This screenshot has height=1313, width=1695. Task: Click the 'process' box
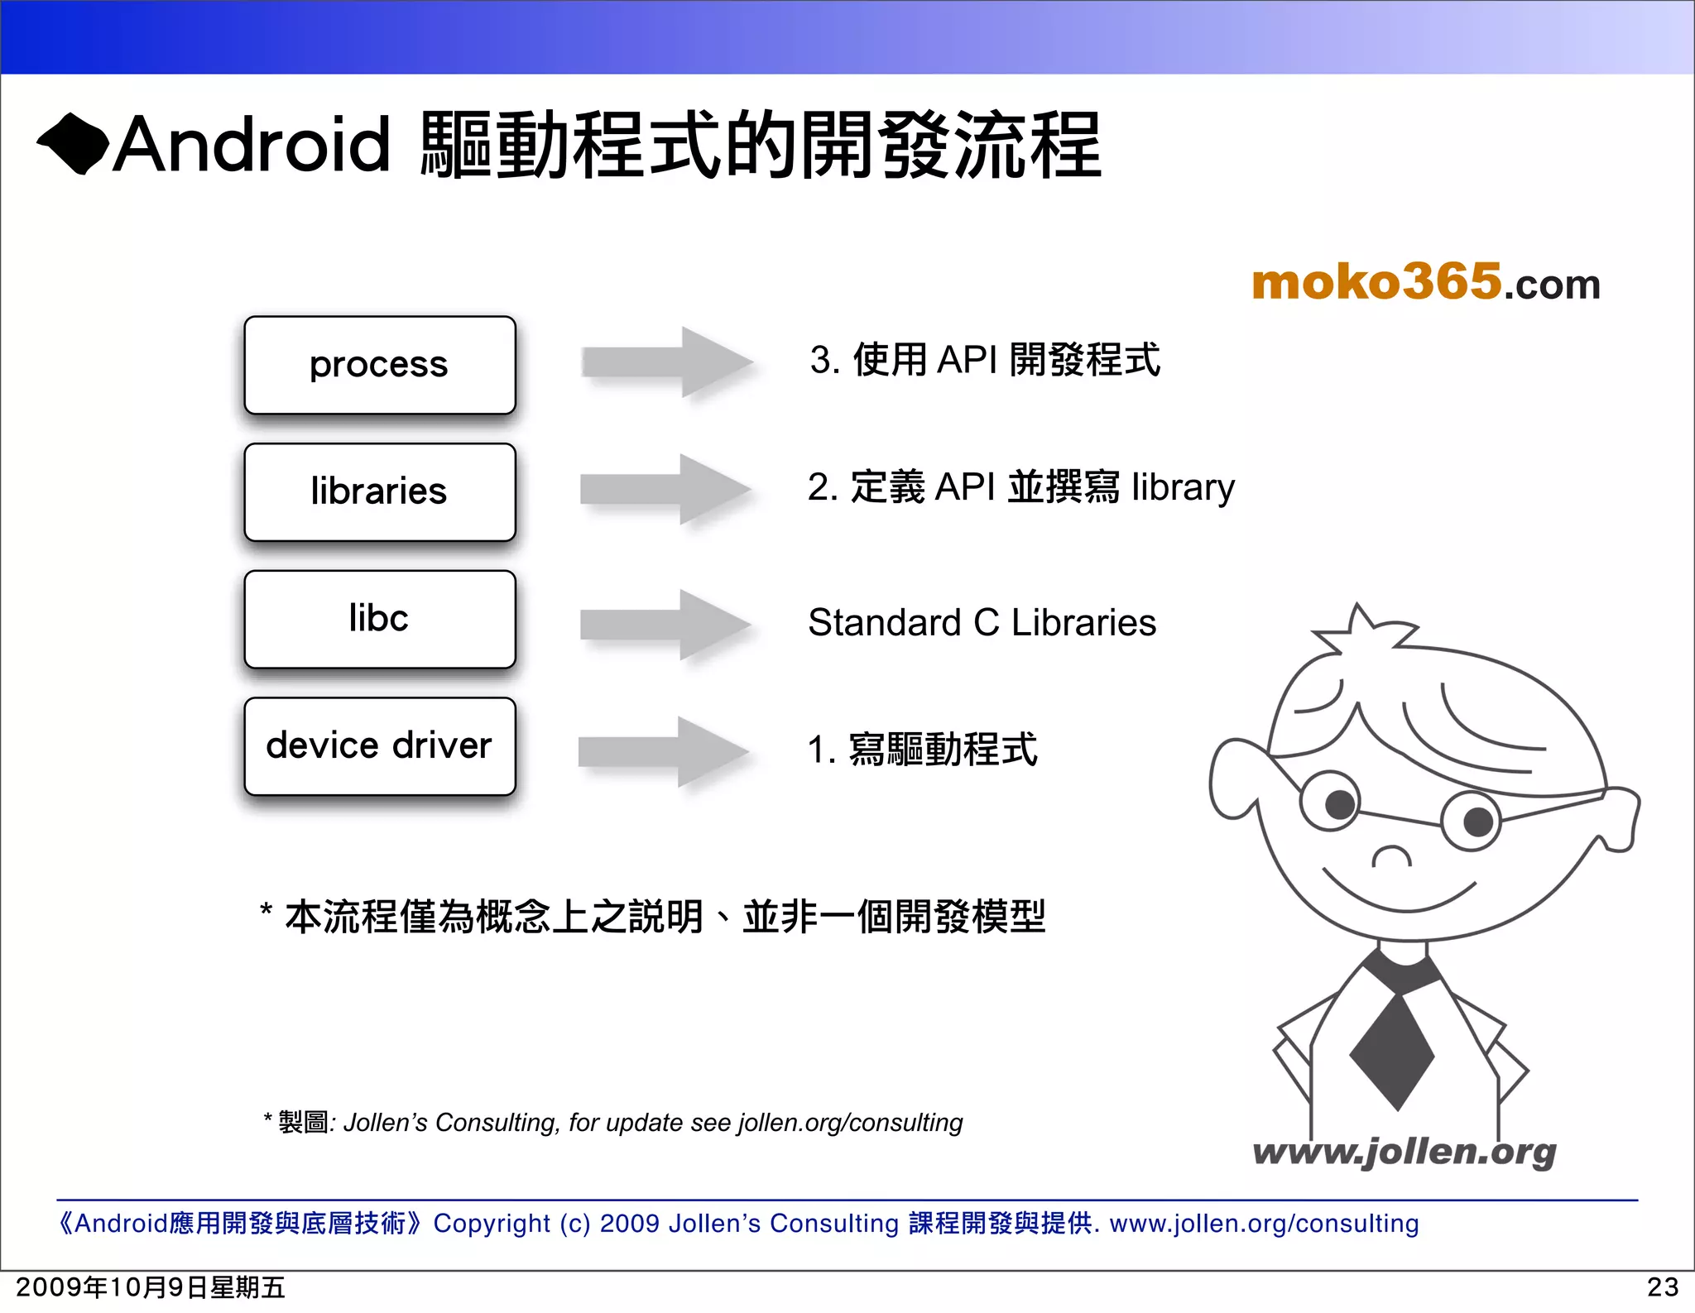pos(379,365)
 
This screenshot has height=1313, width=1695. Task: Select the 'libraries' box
pos(379,492)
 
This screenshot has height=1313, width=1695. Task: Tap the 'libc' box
pos(379,619)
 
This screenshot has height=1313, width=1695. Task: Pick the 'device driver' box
pos(379,746)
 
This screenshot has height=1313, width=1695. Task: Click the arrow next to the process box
pos(666,362)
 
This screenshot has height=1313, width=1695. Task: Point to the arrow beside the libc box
pos(665,624)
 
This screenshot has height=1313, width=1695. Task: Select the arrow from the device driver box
pos(663,751)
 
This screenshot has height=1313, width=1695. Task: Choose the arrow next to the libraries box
pos(665,489)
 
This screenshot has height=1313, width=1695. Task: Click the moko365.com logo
pos(1425,282)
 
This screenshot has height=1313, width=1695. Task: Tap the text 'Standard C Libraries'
pos(982,623)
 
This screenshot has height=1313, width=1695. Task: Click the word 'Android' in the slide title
pos(251,145)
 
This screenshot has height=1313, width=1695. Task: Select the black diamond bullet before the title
pos(73,144)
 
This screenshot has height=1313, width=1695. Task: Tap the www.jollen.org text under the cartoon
pos(1404,1152)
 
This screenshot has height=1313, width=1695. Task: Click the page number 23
pos(1663,1287)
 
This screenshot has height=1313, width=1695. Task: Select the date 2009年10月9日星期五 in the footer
pos(151,1287)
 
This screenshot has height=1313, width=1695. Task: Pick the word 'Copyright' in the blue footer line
pos(492,1223)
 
